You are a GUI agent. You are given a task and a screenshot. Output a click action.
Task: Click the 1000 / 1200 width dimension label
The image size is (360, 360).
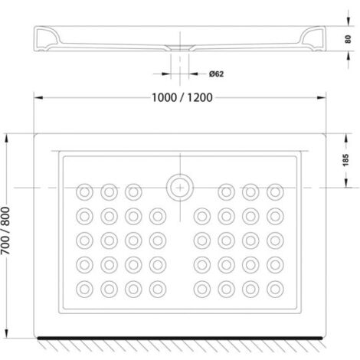pyautogui.click(x=182, y=97)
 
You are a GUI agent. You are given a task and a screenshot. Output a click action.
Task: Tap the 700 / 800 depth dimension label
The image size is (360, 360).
pyautogui.click(x=5, y=231)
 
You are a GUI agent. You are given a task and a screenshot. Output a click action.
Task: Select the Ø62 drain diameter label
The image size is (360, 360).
pyautogui.click(x=216, y=74)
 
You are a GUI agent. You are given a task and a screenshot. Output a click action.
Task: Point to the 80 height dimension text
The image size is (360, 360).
pyautogui.click(x=348, y=39)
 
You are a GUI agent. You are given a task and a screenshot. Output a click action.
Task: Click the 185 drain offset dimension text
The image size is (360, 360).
pyautogui.click(x=345, y=160)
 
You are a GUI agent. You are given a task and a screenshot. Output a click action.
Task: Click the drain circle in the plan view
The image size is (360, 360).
pyautogui.click(x=180, y=188)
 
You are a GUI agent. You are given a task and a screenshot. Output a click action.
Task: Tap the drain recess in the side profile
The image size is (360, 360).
pyautogui.click(x=180, y=47)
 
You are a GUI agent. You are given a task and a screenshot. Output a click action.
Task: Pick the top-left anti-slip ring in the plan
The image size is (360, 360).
pyautogui.click(x=84, y=192)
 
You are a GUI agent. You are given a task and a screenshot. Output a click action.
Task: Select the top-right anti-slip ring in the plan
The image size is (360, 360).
pyautogui.click(x=275, y=192)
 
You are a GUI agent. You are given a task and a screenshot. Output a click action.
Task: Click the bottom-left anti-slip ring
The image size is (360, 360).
pyautogui.click(x=84, y=290)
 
